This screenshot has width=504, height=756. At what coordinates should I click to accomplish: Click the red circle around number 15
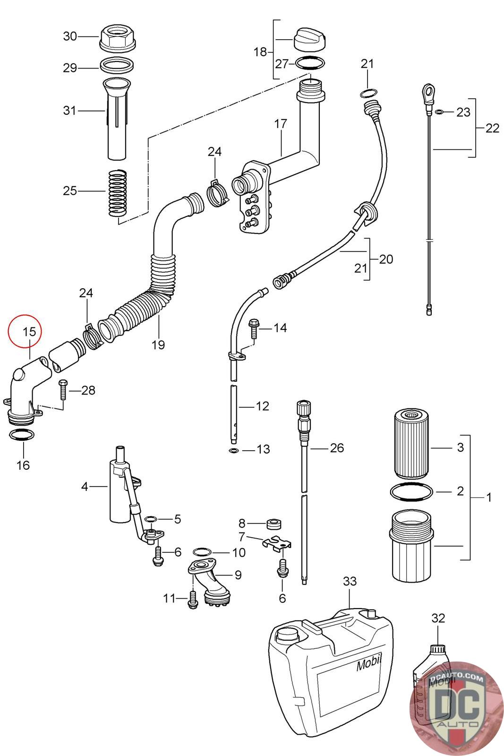click(x=25, y=331)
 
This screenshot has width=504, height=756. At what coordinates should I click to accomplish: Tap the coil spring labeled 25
click(x=118, y=193)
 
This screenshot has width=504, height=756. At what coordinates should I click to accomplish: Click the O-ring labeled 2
click(x=411, y=492)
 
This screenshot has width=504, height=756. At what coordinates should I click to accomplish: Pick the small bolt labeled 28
click(x=63, y=389)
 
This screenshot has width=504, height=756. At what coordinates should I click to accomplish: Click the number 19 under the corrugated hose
click(x=158, y=345)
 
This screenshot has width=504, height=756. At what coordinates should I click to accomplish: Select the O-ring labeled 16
click(x=22, y=435)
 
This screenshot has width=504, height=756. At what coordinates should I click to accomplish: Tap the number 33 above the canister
click(x=350, y=581)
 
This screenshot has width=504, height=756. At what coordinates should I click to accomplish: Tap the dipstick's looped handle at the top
click(x=428, y=94)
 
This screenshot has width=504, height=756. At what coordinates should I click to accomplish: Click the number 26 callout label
click(x=337, y=448)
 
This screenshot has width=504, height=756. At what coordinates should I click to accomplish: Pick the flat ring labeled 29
click(x=117, y=65)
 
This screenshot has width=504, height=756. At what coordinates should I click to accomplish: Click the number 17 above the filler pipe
click(x=280, y=124)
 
